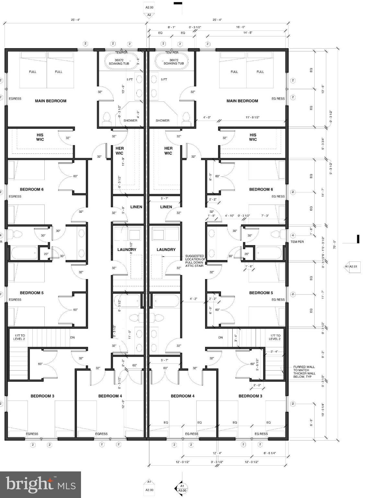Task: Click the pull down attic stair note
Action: (195, 261)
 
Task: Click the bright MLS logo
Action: (40, 484)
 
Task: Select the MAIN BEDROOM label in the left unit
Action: (51, 101)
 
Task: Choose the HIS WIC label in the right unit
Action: (253, 137)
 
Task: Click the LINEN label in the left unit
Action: (136, 207)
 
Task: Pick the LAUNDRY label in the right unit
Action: (166, 250)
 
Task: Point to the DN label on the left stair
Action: (73, 338)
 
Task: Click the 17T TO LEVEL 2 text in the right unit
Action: (274, 337)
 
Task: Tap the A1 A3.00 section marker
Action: (181, 488)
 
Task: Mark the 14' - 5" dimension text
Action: (248, 33)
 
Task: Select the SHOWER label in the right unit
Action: (162, 121)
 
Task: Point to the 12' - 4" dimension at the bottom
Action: (217, 453)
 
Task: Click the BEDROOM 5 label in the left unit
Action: (31, 293)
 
